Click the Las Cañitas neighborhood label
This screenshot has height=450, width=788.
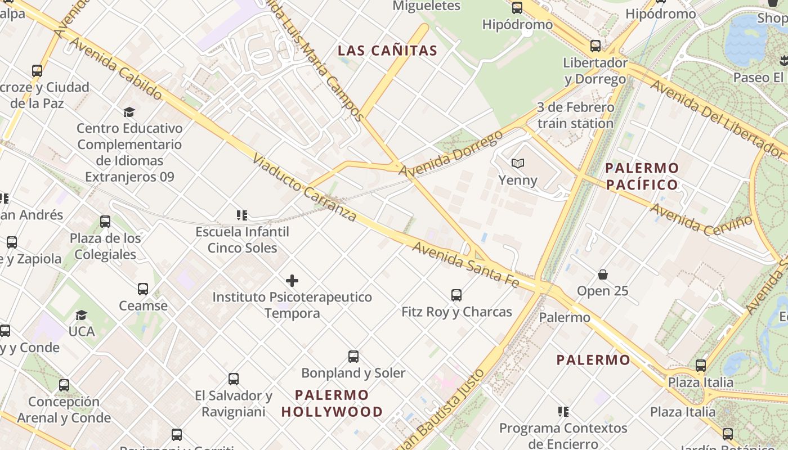pyautogui.click(x=387, y=51)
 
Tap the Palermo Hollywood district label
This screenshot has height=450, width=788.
pyautogui.click(x=332, y=403)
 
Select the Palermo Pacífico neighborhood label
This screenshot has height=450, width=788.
pyautogui.click(x=642, y=176)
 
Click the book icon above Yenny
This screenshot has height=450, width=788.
pyautogui.click(x=518, y=163)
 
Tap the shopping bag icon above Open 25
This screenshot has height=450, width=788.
pyautogui.click(x=603, y=274)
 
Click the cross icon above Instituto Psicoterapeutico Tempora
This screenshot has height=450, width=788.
pyautogui.click(x=292, y=280)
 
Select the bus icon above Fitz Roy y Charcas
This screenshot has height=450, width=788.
pyautogui.click(x=456, y=295)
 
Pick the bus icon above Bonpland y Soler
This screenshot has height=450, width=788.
pyautogui.click(x=353, y=356)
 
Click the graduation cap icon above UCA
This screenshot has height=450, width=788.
pyautogui.click(x=82, y=315)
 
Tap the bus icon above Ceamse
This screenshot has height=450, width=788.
pyautogui.click(x=143, y=289)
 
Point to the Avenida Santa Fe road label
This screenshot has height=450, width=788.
pyautogui.click(x=466, y=264)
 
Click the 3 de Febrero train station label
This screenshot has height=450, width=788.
pyautogui.click(x=575, y=115)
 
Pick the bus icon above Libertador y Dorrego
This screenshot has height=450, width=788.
pyautogui.click(x=596, y=46)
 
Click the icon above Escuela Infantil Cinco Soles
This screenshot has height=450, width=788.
pyautogui.click(x=242, y=215)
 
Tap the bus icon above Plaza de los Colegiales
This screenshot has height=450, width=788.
pyautogui.click(x=105, y=222)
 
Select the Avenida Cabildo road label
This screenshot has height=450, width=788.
pyautogui.click(x=116, y=69)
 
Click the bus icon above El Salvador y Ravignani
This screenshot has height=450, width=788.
pyautogui.click(x=234, y=379)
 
